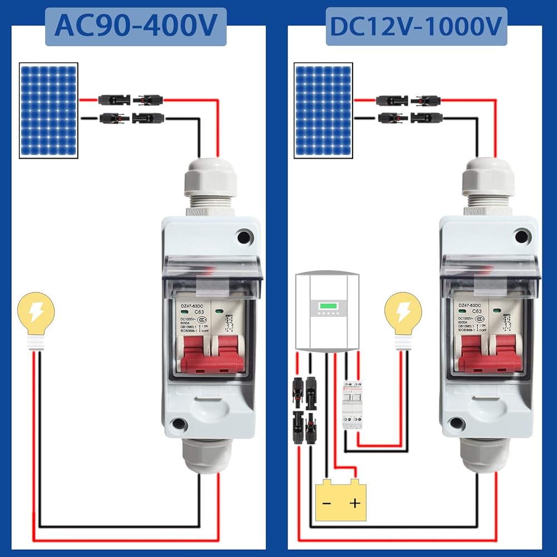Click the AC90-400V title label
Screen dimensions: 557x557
[x=135, y=26]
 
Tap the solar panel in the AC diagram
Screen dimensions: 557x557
[x=48, y=110]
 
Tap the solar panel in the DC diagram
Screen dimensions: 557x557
[x=323, y=110]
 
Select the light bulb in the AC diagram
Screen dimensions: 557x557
[x=36, y=317]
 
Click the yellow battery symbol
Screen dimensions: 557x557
[x=341, y=501]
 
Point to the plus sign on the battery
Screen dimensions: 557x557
[x=355, y=504]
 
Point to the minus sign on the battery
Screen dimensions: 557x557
[x=327, y=504]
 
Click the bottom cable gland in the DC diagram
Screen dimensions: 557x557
[x=485, y=454]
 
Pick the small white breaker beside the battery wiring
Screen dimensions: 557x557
[x=352, y=405]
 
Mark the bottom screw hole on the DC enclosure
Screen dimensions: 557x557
[x=457, y=423]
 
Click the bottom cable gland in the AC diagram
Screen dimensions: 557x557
[x=207, y=454]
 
